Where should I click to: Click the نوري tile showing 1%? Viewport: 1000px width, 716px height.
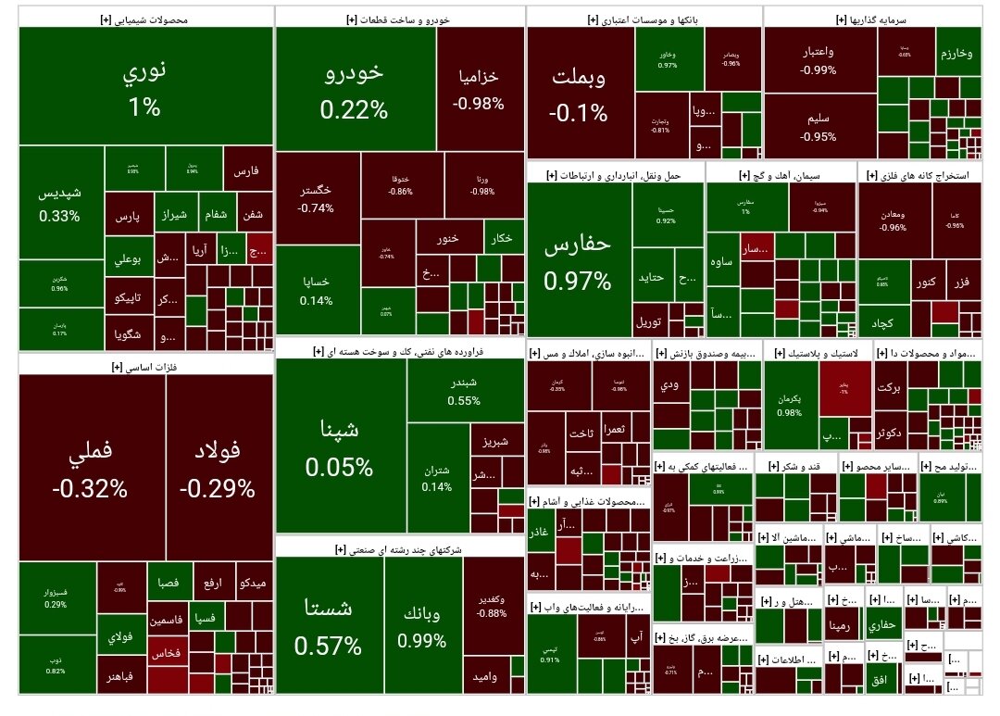coord(145,86)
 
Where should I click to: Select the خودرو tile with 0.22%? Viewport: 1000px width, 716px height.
coord(356,90)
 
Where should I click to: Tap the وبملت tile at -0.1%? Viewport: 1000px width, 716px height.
coord(580,94)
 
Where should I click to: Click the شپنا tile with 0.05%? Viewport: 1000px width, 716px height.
coord(339,446)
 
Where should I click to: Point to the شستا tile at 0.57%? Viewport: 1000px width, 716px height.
coord(328,625)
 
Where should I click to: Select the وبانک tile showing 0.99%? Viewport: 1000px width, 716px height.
coord(422,625)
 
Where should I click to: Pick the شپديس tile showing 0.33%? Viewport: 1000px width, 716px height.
coord(59,204)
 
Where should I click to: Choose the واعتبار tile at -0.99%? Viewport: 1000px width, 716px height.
coord(819,59)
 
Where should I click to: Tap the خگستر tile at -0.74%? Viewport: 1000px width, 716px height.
coord(317,198)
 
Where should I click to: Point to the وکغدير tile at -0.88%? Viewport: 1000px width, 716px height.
coord(492,602)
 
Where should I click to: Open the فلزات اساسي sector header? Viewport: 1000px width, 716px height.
coord(145,367)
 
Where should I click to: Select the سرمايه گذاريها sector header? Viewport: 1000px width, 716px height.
coord(872,18)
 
